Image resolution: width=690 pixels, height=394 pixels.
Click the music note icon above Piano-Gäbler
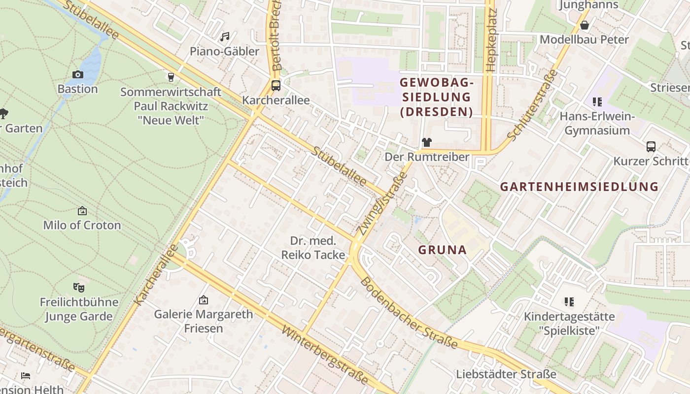pyautogui.click(x=225, y=37)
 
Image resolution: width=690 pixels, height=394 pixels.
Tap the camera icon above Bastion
pyautogui.click(x=77, y=75)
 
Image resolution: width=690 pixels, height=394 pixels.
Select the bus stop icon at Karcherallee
pyautogui.click(x=276, y=85)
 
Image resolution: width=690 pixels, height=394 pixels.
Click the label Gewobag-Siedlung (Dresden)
pyautogui.click(x=436, y=97)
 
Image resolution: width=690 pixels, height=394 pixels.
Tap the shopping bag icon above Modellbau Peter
pyautogui.click(x=585, y=25)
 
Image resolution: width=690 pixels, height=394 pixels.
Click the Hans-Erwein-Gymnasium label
pyautogui.click(x=597, y=124)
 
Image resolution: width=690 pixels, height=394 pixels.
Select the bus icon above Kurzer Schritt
pyautogui.click(x=651, y=146)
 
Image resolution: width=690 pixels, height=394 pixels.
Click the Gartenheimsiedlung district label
pyautogui.click(x=579, y=187)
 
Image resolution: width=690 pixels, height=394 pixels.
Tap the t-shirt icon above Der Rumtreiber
pyautogui.click(x=426, y=142)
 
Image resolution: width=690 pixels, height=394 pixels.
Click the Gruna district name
pyautogui.click(x=442, y=250)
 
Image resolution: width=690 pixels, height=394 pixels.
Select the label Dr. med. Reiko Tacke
pyautogui.click(x=313, y=248)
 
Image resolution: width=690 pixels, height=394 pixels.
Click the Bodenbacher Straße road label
pyautogui.click(x=409, y=313)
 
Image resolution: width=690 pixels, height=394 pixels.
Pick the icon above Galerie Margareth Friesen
pyautogui.click(x=203, y=300)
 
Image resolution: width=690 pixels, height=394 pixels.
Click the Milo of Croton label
pyautogui.click(x=82, y=225)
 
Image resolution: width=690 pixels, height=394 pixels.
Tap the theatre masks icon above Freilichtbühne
pyautogui.click(x=78, y=287)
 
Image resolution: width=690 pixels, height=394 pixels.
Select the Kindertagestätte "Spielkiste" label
pyautogui.click(x=569, y=323)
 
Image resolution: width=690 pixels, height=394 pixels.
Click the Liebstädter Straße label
pyautogui.click(x=506, y=374)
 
